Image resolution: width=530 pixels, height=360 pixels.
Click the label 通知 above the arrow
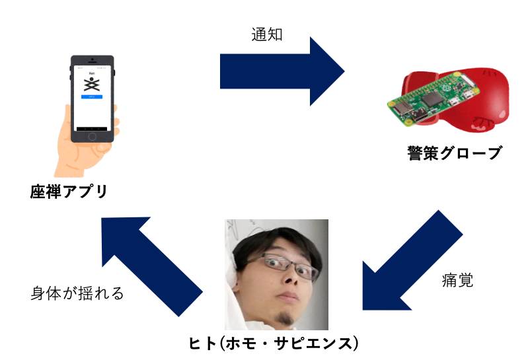267,34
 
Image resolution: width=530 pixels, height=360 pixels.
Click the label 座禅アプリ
69,192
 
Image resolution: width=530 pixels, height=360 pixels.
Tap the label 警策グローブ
454,154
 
